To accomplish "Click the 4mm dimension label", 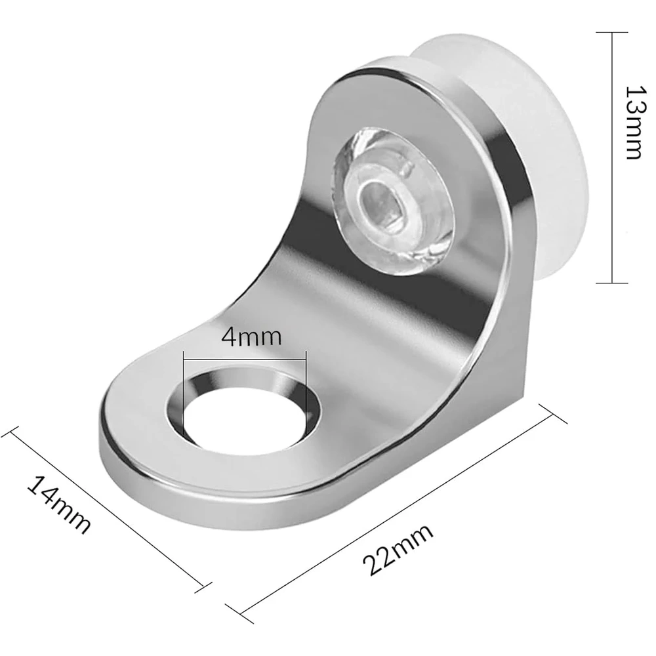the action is (251, 337).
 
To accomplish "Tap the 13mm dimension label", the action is (636, 123).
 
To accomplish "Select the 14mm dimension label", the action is (59, 505).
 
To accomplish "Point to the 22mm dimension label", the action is (398, 550).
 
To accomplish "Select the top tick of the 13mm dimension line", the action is (612, 32).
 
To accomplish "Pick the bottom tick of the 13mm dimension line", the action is (612, 283).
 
